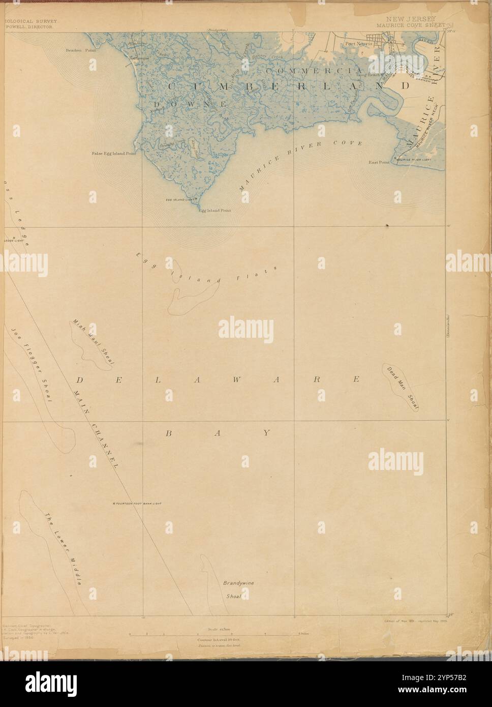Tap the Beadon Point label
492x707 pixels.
80,51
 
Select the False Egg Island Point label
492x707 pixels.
114,153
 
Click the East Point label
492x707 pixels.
379,163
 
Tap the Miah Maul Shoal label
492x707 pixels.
94,341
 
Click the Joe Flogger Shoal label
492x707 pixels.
30,365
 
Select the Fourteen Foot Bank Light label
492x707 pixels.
138,504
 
